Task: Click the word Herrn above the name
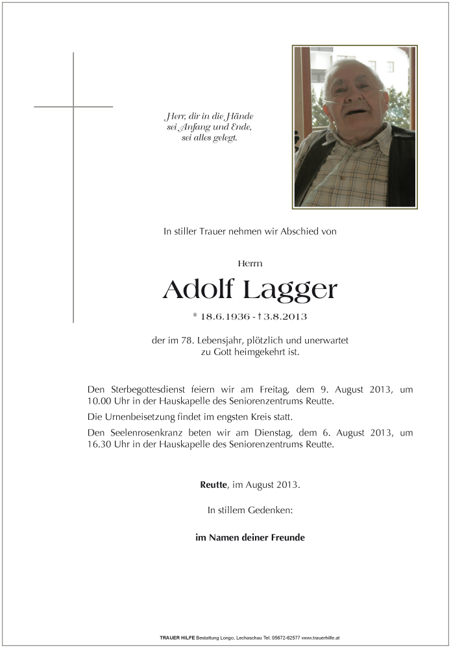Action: (x=250, y=263)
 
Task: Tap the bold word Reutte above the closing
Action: (x=213, y=485)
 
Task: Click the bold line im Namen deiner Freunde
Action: (x=250, y=537)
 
